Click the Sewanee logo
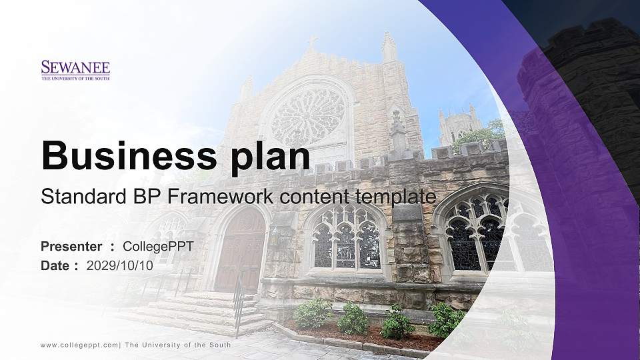coord(75,70)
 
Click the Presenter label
coord(71,247)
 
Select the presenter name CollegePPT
coord(158,247)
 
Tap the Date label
coord(55,265)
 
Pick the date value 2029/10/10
coord(120,265)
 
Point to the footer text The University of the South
coord(178,345)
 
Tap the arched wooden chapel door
coord(240,250)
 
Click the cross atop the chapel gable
coord(312,43)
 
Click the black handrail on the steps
coord(238,303)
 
